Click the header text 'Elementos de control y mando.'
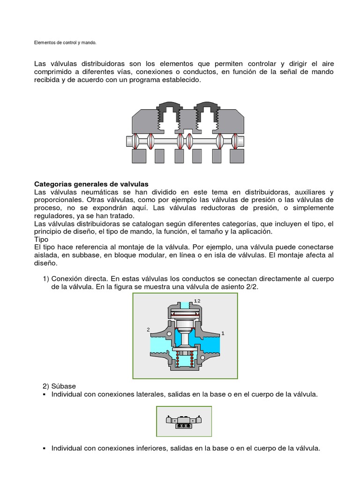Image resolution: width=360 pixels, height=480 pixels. click(65, 43)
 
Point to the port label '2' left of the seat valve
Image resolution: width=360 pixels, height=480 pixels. click(148, 330)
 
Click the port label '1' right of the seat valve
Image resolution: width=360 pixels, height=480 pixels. click(223, 333)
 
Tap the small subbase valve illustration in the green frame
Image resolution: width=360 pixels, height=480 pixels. click(184, 421)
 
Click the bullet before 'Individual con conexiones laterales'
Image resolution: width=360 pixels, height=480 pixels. click(45, 395)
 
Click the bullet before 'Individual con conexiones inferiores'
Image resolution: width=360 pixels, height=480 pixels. click(45, 448)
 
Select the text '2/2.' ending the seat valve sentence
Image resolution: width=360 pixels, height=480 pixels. click(251, 287)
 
